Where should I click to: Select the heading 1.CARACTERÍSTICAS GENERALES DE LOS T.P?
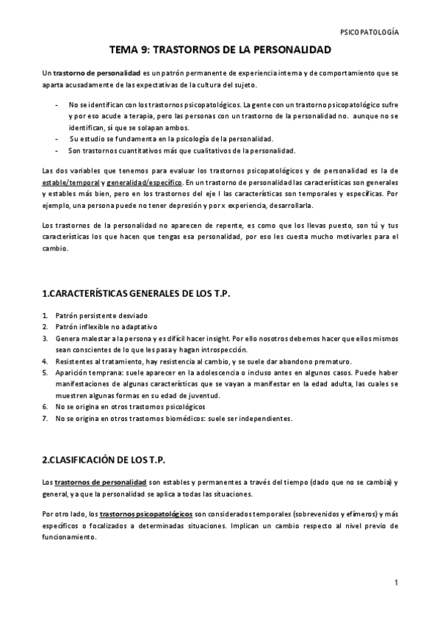pyautogui.click(x=137, y=294)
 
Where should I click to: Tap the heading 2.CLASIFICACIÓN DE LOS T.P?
pyautogui.click(x=104, y=460)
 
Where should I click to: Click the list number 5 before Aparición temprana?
pyautogui.click(x=46, y=372)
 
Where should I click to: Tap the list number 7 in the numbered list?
pyautogui.click(x=46, y=419)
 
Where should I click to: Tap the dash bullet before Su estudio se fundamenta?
pyautogui.click(x=57, y=139)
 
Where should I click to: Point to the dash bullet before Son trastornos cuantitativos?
pyautogui.click(x=57, y=151)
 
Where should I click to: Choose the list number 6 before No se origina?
pyautogui.click(x=46, y=406)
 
